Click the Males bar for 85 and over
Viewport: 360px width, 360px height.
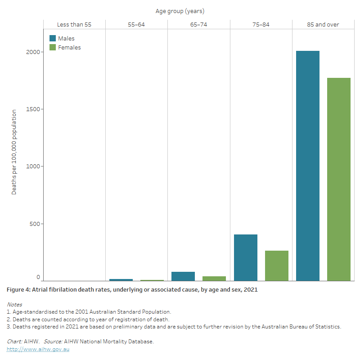point(308,166)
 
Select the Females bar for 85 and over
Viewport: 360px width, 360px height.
point(338,179)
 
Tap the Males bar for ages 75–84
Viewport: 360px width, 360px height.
point(246,257)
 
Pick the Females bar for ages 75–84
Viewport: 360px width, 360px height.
point(276,265)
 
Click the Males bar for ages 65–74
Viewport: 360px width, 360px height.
point(183,276)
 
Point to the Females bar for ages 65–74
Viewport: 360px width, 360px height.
point(214,279)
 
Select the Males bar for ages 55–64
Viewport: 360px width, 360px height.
point(121,280)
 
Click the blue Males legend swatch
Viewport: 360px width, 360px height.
point(53,39)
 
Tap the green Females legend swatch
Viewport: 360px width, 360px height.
point(53,47)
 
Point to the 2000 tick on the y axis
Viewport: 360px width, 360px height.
point(33,52)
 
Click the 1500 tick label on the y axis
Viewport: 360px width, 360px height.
point(33,109)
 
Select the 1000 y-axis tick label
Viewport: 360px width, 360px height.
point(33,166)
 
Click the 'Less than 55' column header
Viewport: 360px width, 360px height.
point(74,24)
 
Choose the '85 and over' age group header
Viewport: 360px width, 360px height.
point(323,24)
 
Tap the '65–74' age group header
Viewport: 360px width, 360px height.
point(198,24)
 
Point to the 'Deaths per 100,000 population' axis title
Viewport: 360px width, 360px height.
point(14,152)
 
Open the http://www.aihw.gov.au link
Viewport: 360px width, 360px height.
point(38,349)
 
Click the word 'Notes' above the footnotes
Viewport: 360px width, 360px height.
point(14,305)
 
